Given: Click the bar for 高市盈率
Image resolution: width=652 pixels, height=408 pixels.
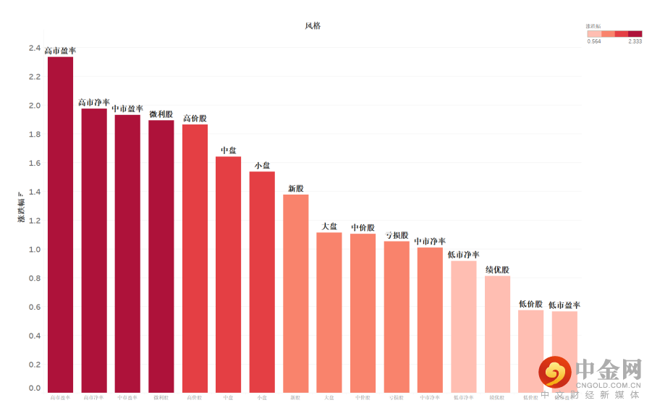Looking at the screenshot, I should click(60, 224).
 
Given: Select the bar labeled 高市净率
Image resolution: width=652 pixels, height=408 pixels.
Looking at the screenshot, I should click(94, 250).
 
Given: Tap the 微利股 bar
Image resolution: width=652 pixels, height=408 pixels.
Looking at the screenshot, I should click(161, 256).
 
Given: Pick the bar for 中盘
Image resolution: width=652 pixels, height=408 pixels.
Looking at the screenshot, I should click(229, 274).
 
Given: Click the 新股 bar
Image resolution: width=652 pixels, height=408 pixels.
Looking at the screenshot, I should click(296, 293).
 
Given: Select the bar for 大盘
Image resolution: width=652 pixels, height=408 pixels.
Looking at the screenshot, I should click(329, 312).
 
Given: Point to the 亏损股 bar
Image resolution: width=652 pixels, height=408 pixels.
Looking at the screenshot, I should click(397, 316).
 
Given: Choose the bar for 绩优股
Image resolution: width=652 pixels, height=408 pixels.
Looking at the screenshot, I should click(498, 333).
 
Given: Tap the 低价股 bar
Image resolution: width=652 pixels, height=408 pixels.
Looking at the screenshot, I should click(531, 351).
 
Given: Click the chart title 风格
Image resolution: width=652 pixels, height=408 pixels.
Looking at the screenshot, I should click(313, 26).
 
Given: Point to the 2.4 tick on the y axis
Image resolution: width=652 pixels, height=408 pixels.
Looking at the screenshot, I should click(35, 48).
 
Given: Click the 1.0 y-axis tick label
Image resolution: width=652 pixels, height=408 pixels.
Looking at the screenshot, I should click(35, 250).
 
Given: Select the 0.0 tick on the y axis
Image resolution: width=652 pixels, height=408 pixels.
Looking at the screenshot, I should click(35, 388).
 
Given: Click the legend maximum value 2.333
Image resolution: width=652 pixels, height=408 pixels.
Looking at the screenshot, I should click(635, 41).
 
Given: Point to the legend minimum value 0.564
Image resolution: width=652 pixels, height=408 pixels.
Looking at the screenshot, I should click(593, 41).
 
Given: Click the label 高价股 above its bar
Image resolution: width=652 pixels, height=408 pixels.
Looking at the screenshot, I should click(195, 119).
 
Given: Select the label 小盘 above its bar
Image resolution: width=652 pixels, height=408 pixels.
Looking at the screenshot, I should click(262, 166).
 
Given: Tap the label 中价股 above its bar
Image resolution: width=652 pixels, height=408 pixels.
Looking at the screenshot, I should click(363, 228).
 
